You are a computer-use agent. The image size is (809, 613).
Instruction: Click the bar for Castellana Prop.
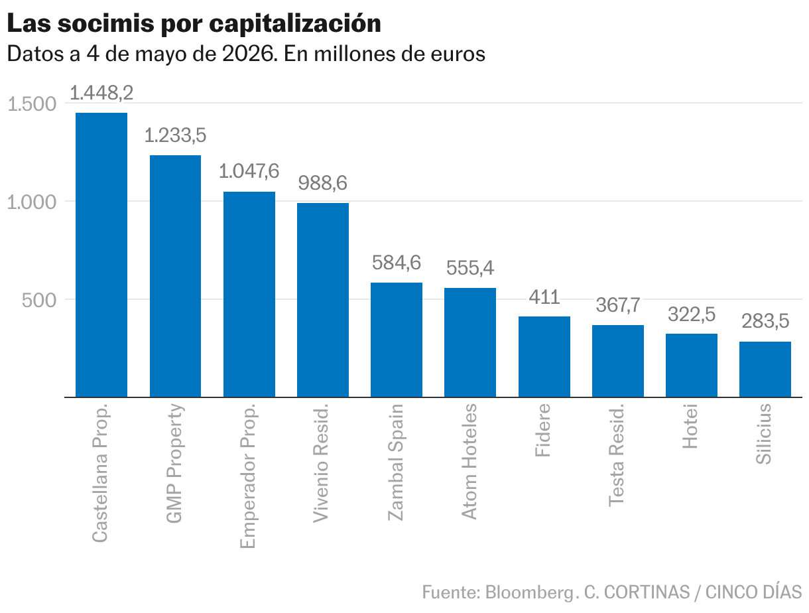click(101, 255)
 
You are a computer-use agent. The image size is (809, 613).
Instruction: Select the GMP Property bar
click(175, 276)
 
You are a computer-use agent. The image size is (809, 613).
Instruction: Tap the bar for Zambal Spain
click(396, 340)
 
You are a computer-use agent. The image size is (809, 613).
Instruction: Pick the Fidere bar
click(544, 357)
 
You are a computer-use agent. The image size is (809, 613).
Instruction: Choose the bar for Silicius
click(765, 370)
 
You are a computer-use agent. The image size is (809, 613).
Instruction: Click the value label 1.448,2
click(101, 92)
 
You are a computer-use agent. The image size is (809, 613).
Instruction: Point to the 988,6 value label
click(322, 183)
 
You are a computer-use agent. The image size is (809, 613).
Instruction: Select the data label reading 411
click(544, 297)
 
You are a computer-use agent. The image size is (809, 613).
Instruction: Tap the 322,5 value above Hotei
click(692, 314)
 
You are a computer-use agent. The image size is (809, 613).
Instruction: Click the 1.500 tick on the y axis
click(32, 104)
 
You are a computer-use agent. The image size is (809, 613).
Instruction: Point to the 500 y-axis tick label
click(39, 300)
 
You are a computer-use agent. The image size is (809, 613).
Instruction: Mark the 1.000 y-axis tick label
click(32, 202)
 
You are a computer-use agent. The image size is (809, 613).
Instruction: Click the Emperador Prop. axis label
click(248, 476)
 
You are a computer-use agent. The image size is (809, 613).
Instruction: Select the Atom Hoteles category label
click(469, 462)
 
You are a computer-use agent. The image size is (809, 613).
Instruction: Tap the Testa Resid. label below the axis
click(616, 455)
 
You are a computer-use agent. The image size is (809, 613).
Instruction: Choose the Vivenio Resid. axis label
click(321, 463)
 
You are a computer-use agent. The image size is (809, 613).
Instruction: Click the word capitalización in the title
click(295, 24)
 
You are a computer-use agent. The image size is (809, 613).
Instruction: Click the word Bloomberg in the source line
click(530, 593)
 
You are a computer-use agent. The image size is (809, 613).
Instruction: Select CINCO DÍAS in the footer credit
click(754, 592)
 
